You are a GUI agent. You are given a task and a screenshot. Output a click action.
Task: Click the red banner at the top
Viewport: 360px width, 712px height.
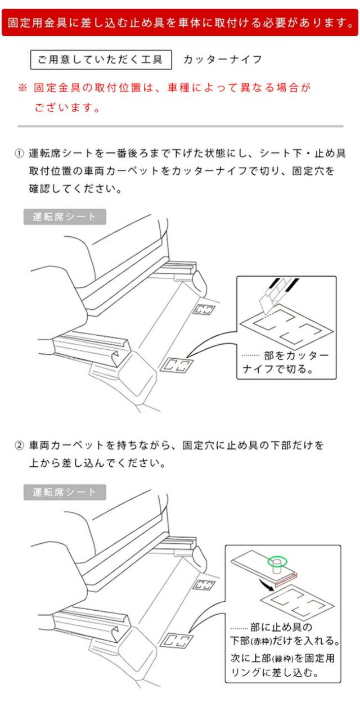[180, 22]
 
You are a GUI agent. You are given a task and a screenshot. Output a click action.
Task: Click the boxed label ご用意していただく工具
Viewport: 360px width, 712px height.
[101, 60]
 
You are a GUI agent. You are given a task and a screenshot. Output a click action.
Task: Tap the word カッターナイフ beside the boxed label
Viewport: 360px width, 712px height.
[223, 60]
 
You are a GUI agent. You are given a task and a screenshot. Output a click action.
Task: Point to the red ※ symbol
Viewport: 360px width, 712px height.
[22, 87]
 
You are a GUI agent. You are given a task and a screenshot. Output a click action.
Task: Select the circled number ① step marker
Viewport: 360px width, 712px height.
[19, 154]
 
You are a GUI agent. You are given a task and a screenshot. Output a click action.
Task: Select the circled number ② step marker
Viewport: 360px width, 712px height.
[19, 445]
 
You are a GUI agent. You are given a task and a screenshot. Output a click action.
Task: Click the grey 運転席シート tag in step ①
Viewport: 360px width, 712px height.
[65, 217]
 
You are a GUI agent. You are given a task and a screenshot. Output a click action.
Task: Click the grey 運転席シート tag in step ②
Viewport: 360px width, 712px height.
[65, 492]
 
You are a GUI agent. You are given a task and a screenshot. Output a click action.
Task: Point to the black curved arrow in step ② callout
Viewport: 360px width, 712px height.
[266, 584]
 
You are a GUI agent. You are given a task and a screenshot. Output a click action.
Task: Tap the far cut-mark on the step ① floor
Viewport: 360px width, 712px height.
[204, 309]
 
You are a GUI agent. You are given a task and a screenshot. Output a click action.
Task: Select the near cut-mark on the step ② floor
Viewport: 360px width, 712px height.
[177, 640]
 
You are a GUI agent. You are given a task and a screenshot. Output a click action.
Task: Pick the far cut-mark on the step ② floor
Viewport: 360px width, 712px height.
[204, 584]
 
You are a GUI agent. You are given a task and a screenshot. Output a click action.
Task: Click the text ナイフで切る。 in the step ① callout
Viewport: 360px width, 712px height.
[278, 369]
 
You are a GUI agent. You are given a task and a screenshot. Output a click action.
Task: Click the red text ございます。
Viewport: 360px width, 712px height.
[67, 107]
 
